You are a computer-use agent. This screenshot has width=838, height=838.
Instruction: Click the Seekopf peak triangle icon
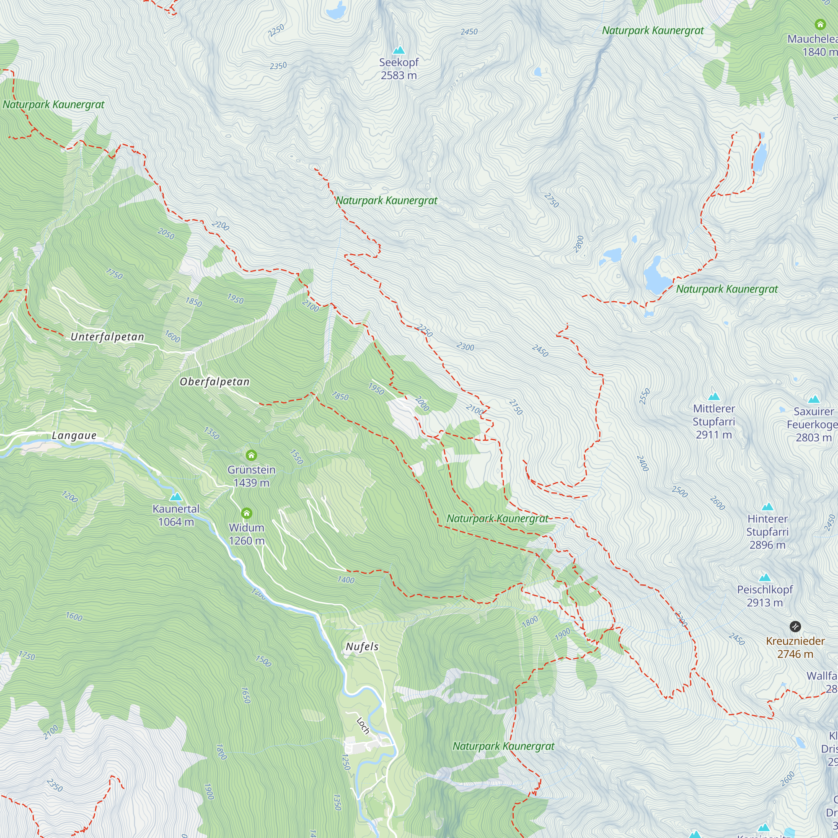pos(398,50)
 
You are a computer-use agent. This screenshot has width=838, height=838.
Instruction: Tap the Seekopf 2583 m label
pos(398,69)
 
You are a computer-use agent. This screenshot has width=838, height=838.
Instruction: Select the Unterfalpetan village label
pos(107,336)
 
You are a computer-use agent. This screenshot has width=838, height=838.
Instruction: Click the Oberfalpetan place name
pos(215,382)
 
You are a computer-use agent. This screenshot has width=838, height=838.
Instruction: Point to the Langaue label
pos(74,435)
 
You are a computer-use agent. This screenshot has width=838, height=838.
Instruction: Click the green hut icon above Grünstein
pos(251,455)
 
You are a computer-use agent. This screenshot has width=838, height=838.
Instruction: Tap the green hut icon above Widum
pos(246,514)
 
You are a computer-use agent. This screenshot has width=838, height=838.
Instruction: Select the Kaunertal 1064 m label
pos(176,515)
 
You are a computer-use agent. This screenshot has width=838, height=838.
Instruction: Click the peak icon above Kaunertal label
pos(176,497)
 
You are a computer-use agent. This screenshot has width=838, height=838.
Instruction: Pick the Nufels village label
pos(362,647)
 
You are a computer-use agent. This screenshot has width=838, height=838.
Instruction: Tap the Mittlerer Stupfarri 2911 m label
pos(714,421)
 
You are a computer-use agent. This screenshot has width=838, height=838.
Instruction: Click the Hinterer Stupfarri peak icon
pos(767,507)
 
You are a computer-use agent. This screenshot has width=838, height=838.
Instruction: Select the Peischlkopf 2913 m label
pos(765,595)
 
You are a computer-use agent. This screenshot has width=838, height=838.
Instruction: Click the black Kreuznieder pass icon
pos(794,626)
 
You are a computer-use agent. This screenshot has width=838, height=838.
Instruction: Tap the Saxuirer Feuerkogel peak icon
pos(814,399)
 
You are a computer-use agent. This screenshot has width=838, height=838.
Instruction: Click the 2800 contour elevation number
pos(579,244)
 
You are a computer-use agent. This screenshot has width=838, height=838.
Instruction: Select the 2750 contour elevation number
pos(551,200)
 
